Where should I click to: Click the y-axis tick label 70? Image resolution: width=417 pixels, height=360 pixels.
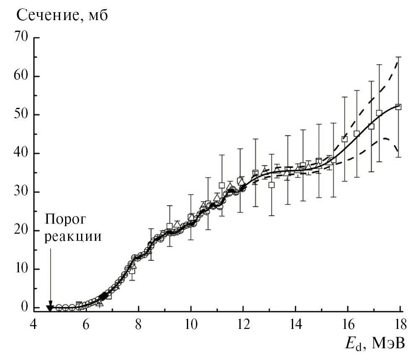[x=21, y=38]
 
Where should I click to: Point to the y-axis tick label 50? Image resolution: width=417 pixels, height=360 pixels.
[x=21, y=115]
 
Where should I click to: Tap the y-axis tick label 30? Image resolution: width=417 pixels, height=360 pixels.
[x=21, y=192]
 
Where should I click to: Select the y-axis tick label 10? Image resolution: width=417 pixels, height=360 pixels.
[x=21, y=269]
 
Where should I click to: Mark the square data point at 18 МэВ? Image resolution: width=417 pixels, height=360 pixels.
[x=399, y=107]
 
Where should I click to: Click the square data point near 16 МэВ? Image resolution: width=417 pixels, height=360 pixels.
[x=345, y=139]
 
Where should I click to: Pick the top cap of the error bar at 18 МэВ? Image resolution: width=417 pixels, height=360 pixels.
[x=399, y=57]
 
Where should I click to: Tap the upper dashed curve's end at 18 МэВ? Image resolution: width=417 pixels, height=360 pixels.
[x=398, y=61]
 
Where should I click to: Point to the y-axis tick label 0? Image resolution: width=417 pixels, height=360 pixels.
[x=26, y=308]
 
